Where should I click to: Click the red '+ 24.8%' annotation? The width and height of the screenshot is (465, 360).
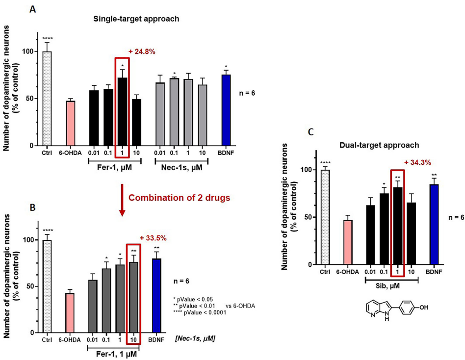[145, 51]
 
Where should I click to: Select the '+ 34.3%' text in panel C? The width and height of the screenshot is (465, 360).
[418, 162]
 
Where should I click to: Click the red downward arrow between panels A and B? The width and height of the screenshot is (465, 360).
[122, 199]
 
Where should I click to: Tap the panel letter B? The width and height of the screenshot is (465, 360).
[32, 208]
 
